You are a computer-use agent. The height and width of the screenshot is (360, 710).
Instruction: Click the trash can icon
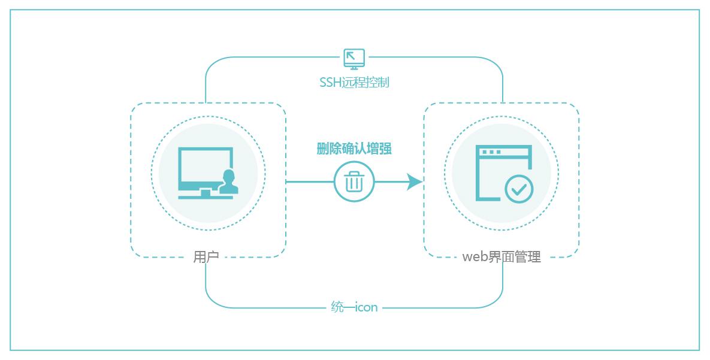pyautogui.click(x=354, y=181)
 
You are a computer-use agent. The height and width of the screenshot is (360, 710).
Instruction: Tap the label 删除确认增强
pyautogui.click(x=354, y=149)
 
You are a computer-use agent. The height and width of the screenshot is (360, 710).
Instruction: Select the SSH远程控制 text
pyautogui.click(x=354, y=82)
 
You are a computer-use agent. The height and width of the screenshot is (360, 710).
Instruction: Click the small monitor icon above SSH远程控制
pyautogui.click(x=354, y=58)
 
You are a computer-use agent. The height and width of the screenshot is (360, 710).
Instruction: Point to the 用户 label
pyautogui.click(x=206, y=257)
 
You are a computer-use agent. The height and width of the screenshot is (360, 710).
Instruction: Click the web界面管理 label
pyautogui.click(x=501, y=257)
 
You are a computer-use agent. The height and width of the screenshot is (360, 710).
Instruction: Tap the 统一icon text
pyautogui.click(x=354, y=307)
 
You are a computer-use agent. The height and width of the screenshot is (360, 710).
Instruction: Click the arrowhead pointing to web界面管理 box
pyautogui.click(x=415, y=181)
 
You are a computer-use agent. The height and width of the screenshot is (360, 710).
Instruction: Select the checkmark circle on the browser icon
pyautogui.click(x=519, y=189)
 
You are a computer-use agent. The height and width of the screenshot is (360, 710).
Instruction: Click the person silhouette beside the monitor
pyautogui.click(x=228, y=182)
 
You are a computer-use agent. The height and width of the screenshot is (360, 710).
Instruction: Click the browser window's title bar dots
pyautogui.click(x=491, y=152)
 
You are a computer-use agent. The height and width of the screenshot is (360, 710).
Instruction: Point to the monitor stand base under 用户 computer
pyautogui.click(x=206, y=195)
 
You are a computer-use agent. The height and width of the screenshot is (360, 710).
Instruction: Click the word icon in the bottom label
pyautogui.click(x=367, y=307)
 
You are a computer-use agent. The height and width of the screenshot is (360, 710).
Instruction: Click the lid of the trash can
pyautogui.click(x=354, y=173)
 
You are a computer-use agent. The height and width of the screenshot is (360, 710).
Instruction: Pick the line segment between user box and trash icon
pyautogui.click(x=309, y=181)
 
